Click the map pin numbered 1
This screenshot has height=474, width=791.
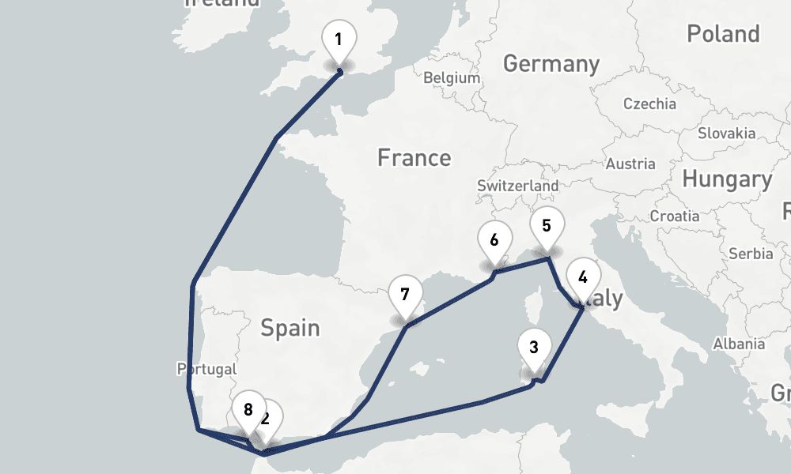[339, 39]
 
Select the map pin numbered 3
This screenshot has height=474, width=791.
[534, 347]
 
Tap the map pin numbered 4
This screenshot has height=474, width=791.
[583, 277]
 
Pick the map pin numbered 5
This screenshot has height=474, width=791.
[547, 226]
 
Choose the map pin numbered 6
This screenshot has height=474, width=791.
[494, 239]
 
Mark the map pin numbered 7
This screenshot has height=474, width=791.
[405, 295]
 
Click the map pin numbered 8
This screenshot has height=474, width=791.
[248, 409]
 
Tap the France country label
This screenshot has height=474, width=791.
[414, 158]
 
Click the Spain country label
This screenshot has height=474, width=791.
[290, 327]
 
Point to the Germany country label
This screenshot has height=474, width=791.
[551, 63]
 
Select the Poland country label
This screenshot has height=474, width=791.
[723, 34]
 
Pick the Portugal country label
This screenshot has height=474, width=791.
[206, 369]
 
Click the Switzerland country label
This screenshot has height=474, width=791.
[517, 186]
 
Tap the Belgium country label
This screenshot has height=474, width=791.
[452, 78]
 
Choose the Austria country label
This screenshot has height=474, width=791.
[630, 164]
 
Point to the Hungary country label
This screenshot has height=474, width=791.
[726, 179]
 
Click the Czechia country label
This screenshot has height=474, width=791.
[649, 103]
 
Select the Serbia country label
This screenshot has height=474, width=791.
[751, 254]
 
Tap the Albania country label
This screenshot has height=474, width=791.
[738, 344]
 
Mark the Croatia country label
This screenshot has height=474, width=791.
[675, 216]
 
